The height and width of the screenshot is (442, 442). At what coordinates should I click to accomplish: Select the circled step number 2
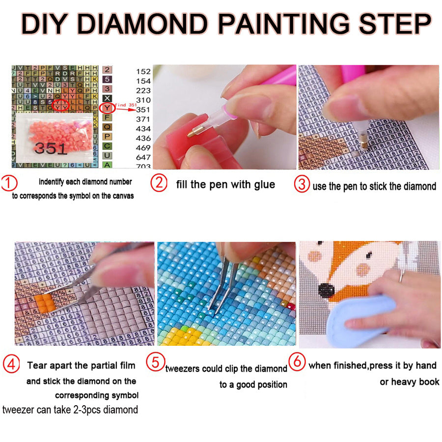(159, 183)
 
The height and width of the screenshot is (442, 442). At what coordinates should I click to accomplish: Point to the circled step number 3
(302, 185)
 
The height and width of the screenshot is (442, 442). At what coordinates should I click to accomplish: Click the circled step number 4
(11, 365)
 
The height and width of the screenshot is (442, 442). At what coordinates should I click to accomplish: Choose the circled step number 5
(155, 363)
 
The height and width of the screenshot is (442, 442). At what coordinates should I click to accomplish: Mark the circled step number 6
(296, 361)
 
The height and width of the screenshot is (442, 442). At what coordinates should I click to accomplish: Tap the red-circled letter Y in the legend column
(107, 109)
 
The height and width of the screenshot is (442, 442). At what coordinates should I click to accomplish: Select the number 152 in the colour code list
(143, 72)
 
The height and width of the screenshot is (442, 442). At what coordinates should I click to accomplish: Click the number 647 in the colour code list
(143, 157)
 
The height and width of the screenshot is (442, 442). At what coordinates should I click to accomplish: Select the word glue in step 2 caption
(264, 185)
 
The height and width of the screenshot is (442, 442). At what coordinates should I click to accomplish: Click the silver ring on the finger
(402, 276)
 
